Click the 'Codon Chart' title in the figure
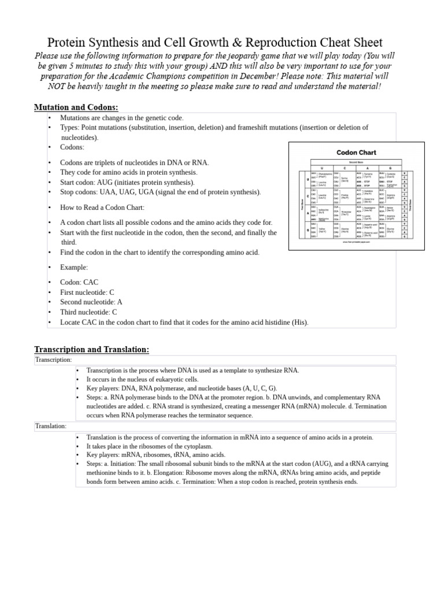tap(356, 153)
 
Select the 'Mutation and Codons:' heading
tap(76, 107)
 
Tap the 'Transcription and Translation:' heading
tap(91, 349)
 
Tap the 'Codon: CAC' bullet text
tap(79, 282)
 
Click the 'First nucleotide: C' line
tap(88, 292)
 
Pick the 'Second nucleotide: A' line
tap(91, 302)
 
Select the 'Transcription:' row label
tap(53, 360)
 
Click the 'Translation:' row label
tap(50, 426)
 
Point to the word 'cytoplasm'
tap(196, 446)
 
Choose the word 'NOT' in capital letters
tap(58, 86)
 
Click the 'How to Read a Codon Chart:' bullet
tap(102, 207)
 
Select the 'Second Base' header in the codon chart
tap(356, 164)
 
